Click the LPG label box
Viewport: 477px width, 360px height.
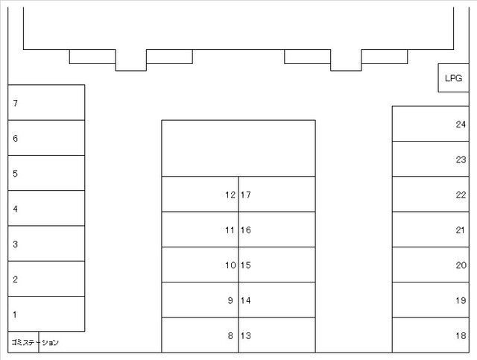(453, 78)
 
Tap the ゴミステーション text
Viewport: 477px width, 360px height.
(35, 343)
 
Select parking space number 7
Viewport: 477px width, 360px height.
(46, 103)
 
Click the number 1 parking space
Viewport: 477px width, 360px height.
(46, 314)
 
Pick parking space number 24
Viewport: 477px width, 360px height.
(431, 124)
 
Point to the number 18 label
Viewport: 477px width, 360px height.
(461, 335)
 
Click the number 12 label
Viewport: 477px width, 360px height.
(230, 195)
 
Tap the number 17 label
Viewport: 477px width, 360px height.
(246, 195)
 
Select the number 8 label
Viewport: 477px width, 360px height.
(230, 335)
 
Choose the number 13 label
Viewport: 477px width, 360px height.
(246, 335)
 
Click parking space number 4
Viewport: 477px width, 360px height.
(46, 208)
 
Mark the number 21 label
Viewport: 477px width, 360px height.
(461, 230)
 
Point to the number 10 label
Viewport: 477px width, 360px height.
(230, 265)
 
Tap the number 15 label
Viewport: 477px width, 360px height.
(246, 265)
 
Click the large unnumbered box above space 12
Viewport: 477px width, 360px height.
(238, 148)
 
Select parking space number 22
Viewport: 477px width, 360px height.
(431, 194)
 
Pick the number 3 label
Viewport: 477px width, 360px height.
(15, 244)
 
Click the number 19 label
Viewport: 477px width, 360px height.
(461, 300)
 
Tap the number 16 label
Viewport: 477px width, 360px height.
(246, 230)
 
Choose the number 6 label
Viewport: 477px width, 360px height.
(15, 139)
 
